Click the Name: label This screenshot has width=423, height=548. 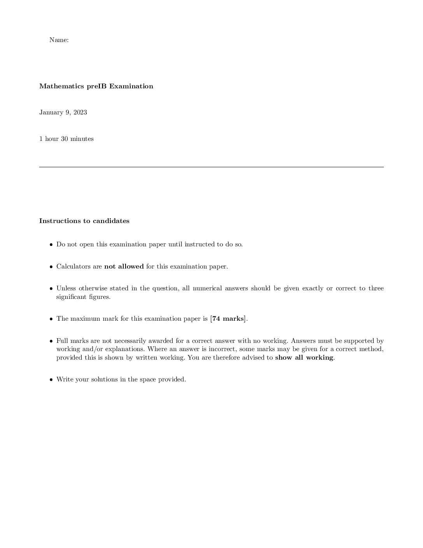(59, 40)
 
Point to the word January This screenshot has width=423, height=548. (51, 112)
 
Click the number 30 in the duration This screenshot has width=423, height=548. (65, 139)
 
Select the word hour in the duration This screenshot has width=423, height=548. (51, 139)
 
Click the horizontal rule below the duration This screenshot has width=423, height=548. (211, 167)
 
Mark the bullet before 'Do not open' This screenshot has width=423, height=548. (51, 245)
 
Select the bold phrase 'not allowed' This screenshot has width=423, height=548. (124, 267)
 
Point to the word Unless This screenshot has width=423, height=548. (66, 288)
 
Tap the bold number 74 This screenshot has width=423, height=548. (216, 319)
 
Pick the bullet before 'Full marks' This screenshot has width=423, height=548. (51, 341)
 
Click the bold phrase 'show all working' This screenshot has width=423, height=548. (304, 358)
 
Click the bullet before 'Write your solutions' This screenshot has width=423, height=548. (51, 380)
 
